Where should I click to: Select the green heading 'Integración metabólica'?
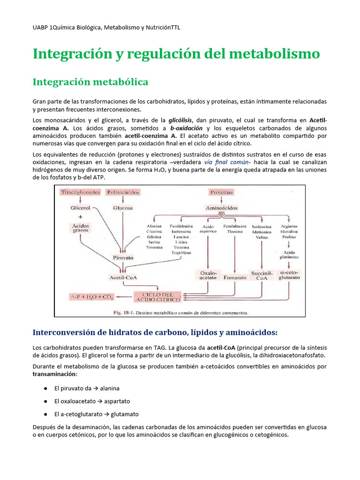coord(90,82)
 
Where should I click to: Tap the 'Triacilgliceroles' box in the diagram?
coord(80,192)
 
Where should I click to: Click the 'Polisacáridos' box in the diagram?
coord(123,192)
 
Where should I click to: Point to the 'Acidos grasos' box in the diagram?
coord(80,228)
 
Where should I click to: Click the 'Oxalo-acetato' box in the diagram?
coord(208,275)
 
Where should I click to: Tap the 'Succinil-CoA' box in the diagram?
coord(262,275)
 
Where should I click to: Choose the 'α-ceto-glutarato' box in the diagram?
coord(289,275)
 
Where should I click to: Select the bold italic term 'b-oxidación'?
coord(186,128)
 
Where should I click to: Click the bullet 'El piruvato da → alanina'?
coord(87,389)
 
